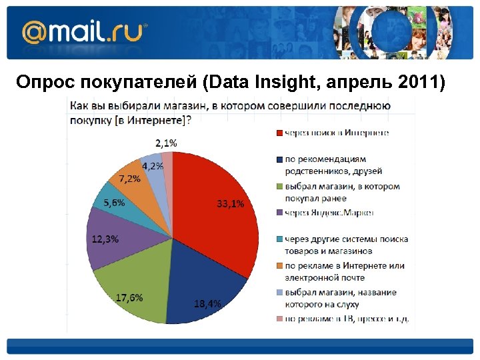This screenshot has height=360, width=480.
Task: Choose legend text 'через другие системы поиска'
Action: (x=346, y=239)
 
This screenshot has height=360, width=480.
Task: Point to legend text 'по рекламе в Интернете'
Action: (x=344, y=266)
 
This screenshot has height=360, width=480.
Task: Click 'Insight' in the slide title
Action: (x=285, y=82)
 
